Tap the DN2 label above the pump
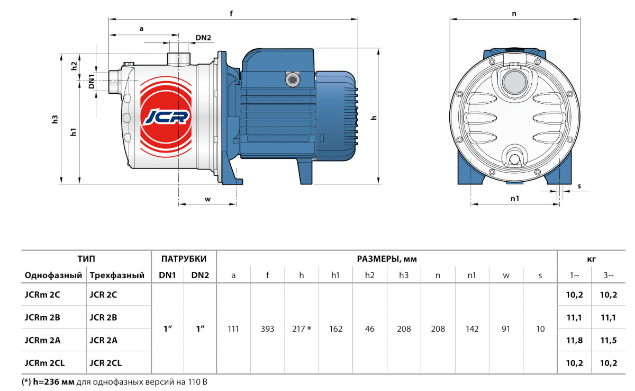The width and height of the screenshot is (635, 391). [203, 38]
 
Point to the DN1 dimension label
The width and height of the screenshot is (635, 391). [92, 81]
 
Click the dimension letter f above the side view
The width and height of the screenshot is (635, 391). [232, 14]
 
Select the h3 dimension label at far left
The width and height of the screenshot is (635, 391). [55, 120]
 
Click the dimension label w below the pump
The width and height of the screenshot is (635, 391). [207, 200]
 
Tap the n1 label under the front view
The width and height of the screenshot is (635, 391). [514, 199]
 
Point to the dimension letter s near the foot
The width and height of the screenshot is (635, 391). [579, 186]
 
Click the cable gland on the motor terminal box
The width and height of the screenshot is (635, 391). [291, 79]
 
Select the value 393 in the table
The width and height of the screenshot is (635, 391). [267, 329]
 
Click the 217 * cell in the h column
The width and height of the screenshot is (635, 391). [302, 329]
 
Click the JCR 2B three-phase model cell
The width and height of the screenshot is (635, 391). [103, 317]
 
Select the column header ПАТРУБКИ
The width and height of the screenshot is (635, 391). [184, 259]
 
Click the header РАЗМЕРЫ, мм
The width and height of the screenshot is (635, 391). [387, 259]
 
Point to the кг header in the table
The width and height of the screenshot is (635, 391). [592, 259]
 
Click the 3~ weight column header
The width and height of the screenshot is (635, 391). [609, 276]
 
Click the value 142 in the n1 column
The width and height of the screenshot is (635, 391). [472, 329]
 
